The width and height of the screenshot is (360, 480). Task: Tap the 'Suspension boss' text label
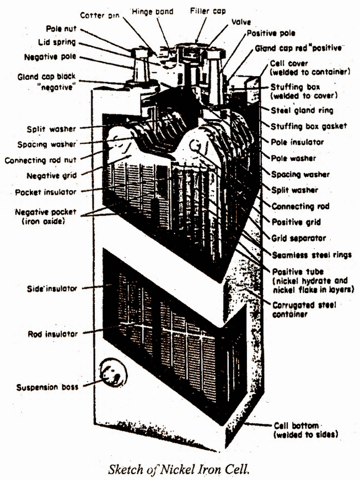pyautogui.click(x=46, y=386)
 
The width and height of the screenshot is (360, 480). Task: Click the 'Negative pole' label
pyautogui.click(x=51, y=56)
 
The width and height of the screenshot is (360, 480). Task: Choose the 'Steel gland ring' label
pyautogui.click(x=299, y=110)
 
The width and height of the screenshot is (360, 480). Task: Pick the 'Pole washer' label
pyautogui.click(x=294, y=158)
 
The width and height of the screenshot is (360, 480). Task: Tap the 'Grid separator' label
pyautogui.click(x=299, y=238)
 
